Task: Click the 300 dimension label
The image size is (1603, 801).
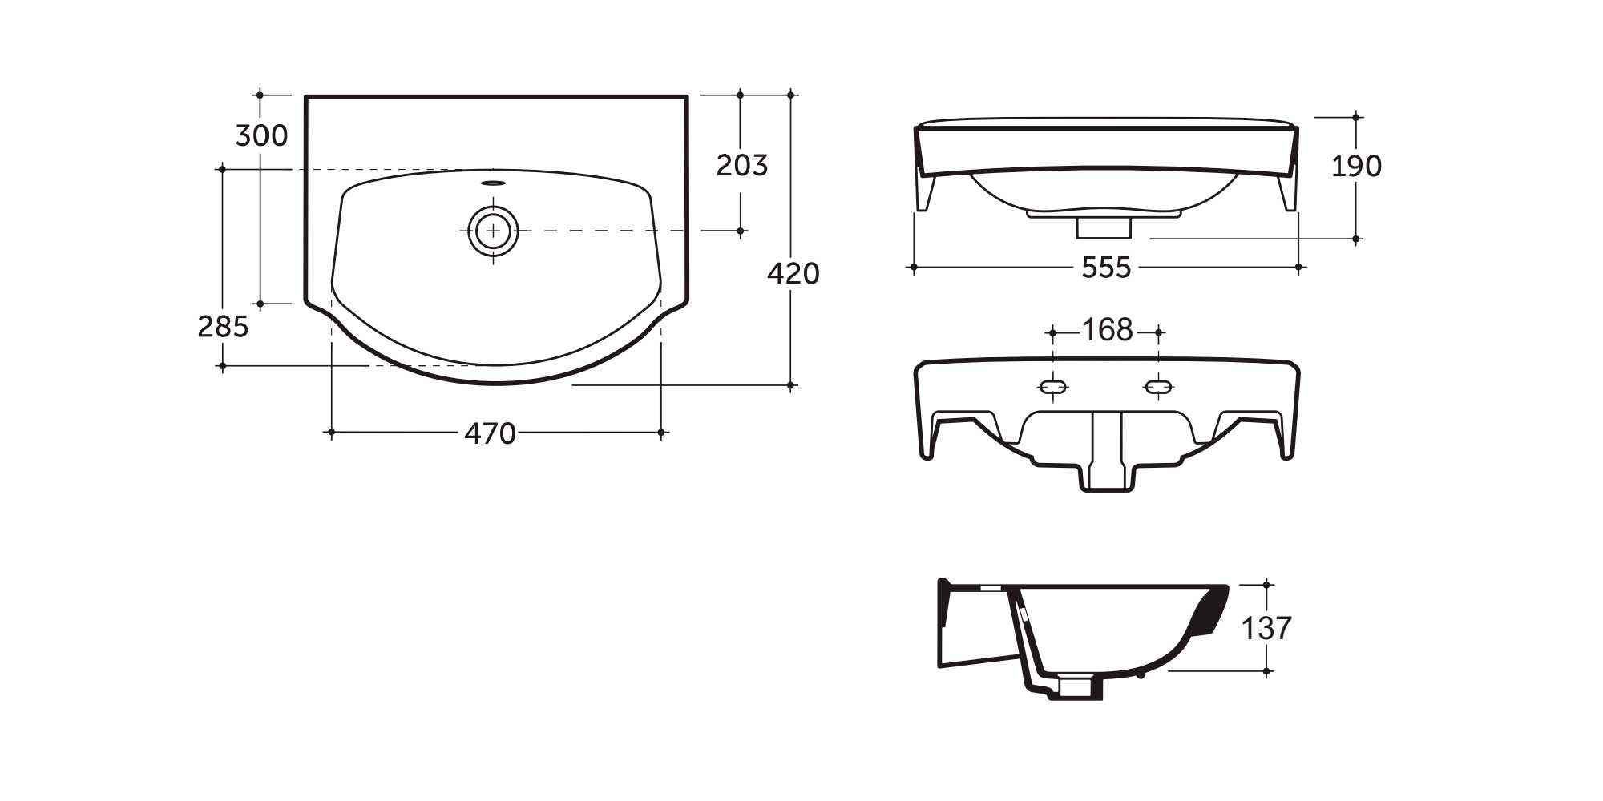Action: coord(261,136)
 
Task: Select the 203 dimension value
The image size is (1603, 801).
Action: coord(741,166)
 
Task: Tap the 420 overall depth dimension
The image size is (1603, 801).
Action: coord(793,274)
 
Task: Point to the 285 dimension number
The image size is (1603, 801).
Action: coord(223,327)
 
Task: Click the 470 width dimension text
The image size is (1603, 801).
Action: coord(490,434)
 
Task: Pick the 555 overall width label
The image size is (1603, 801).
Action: coord(1106,268)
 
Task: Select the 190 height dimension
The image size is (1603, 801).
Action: coord(1356,167)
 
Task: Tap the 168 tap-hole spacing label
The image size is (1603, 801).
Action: coord(1107,330)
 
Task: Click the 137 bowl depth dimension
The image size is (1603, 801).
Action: coord(1266,629)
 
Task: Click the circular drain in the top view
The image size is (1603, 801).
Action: coord(493,231)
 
